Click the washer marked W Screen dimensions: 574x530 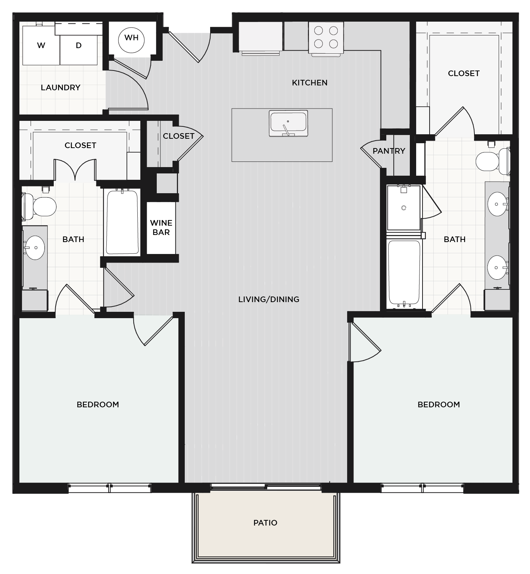pos(41,46)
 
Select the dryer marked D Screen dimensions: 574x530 pos(79,46)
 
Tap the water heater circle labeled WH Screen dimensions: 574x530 pos(131,38)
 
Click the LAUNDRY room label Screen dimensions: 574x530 pos(60,88)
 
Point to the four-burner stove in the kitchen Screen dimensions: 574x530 pos(326,37)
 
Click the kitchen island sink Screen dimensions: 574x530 pos(289,123)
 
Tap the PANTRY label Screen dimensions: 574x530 pos(389,151)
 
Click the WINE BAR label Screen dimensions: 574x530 pos(161,228)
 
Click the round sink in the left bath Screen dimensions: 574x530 pos(35,248)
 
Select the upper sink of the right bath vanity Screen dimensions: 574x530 pos(497,204)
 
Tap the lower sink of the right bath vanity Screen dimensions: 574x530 pos(497,267)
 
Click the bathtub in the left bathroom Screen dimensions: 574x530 pos(122,222)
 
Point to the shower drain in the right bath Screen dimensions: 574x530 pos(403,208)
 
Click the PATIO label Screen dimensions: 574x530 pos(265,523)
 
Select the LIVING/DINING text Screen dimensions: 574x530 pos(269,299)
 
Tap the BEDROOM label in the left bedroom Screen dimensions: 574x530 pos(98,405)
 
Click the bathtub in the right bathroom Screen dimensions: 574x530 pos(404,272)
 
